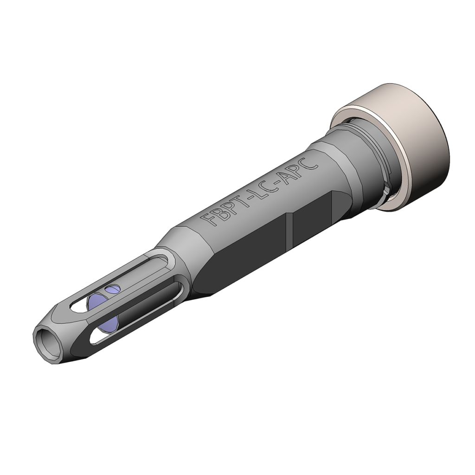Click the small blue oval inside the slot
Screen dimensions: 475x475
click(x=112, y=290)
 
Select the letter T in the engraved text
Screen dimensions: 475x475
click(x=243, y=201)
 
